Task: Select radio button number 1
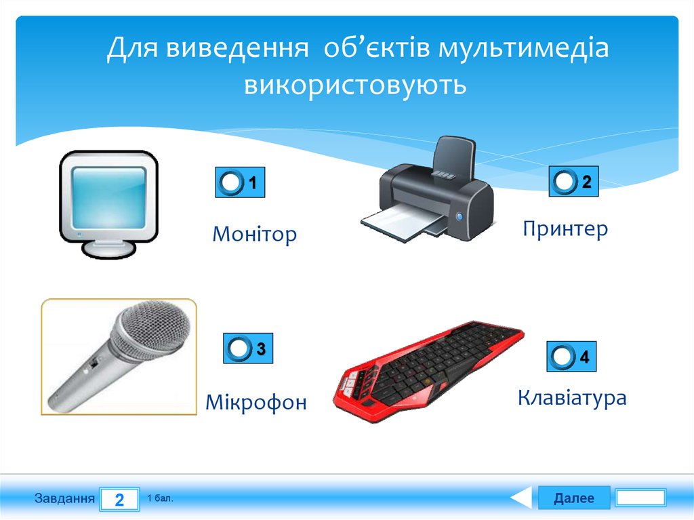point(231,182)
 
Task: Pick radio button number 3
point(239,348)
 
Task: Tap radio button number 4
point(563,357)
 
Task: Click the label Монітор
point(254,235)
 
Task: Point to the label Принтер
point(565,228)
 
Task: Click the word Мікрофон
point(256,402)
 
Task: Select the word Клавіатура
point(571,397)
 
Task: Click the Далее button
point(573,498)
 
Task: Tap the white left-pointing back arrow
point(522,498)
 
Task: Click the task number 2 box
point(119,500)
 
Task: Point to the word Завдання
point(64,499)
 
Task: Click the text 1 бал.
point(160,499)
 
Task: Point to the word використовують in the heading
point(355,85)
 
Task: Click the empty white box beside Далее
point(640,498)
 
